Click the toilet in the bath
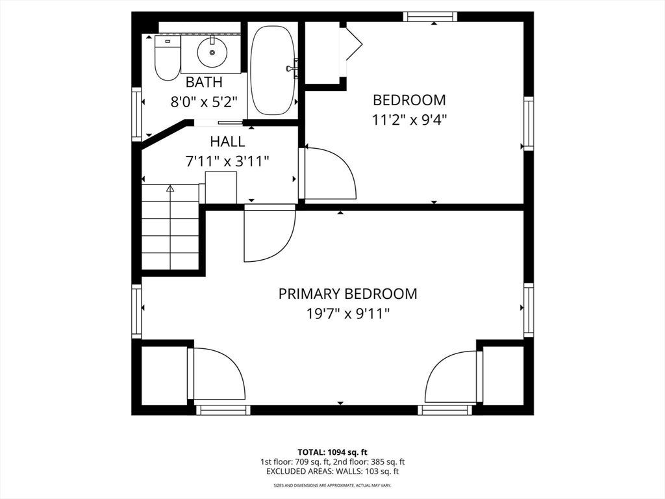tap(168, 58)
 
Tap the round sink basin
tap(212, 52)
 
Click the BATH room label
tap(204, 81)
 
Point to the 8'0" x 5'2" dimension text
tap(203, 102)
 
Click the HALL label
tap(227, 141)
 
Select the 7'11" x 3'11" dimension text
tap(227, 161)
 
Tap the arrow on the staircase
tap(171, 227)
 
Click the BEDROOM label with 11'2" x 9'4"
tap(409, 99)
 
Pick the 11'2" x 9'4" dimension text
tap(409, 120)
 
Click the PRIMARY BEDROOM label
tap(348, 294)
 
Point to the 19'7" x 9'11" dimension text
tap(348, 314)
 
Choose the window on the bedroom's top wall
tap(430, 16)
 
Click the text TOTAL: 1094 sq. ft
tap(332, 452)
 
